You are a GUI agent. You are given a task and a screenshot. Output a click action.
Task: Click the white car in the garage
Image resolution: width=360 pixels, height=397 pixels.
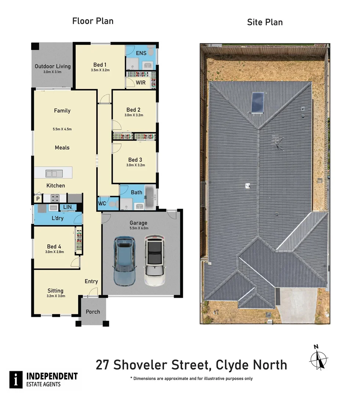tap(154, 261)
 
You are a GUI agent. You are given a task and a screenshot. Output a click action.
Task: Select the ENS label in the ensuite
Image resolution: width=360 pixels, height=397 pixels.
tap(141, 53)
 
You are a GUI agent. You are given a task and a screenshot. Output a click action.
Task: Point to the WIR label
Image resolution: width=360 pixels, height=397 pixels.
tap(141, 83)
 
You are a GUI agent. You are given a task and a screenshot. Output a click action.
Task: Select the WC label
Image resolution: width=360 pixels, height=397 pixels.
tap(102, 203)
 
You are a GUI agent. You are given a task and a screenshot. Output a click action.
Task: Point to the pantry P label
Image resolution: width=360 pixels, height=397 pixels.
tap(37, 199)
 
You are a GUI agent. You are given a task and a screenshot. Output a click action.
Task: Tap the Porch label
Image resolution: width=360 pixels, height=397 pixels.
tap(93, 312)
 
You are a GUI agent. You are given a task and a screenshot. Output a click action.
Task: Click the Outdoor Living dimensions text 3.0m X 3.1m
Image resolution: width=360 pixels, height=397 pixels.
tap(53, 72)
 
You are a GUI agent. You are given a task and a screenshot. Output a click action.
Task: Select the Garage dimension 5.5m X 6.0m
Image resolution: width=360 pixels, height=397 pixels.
tap(138, 228)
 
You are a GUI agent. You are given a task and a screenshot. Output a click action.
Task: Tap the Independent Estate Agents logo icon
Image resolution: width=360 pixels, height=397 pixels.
tap(16, 379)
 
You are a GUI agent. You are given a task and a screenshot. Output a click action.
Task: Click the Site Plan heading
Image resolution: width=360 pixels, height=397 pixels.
tap(264, 22)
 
